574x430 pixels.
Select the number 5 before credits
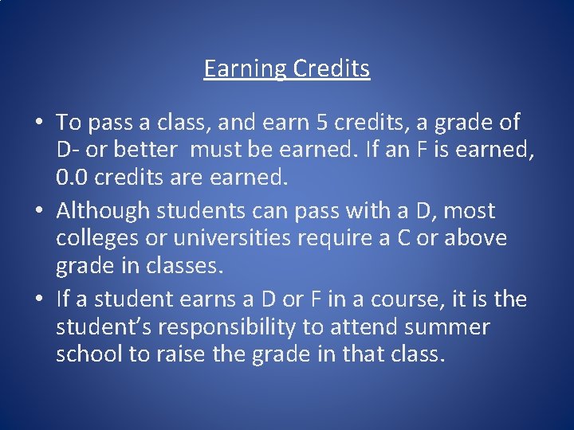320,123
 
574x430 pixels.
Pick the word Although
103,211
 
